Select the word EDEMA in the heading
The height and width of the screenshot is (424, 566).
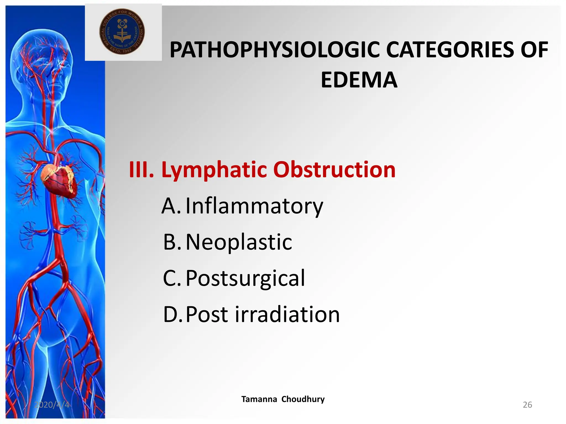[359, 80]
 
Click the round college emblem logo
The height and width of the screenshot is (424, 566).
[122, 31]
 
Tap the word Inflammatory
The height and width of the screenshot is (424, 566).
[254, 206]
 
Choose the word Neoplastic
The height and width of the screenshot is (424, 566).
[239, 242]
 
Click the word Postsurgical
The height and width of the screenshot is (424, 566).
[245, 278]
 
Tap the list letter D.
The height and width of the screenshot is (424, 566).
[171, 314]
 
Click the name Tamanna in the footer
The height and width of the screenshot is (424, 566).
[259, 399]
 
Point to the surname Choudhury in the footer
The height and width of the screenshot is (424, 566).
[303, 399]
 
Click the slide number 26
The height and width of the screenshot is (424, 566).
[527, 405]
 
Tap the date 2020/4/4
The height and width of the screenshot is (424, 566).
[52, 405]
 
